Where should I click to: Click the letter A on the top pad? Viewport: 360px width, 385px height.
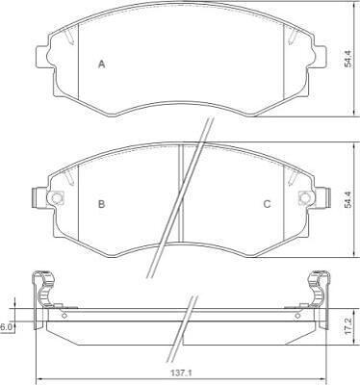point(101,64)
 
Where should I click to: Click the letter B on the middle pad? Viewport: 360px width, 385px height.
point(101,204)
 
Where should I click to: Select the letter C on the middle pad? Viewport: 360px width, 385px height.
point(267,204)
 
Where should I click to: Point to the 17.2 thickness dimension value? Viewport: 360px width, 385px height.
point(348,326)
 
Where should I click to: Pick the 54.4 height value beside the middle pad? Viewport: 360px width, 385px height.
point(348,199)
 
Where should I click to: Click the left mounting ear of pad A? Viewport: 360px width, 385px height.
point(41,57)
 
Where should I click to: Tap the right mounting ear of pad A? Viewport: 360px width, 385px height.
point(320,57)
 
